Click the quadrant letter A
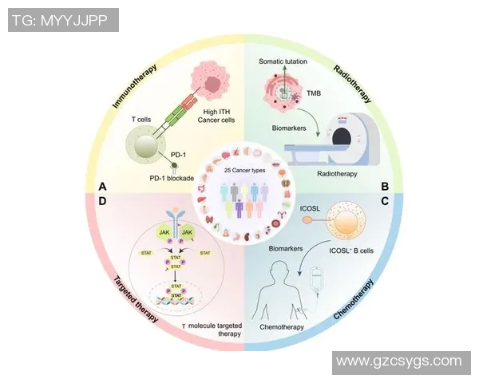pos(102,186)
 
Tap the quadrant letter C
pos(384,202)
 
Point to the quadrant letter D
pos(102,202)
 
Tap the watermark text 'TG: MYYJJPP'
pos(60,20)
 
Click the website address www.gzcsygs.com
pos(399,361)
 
